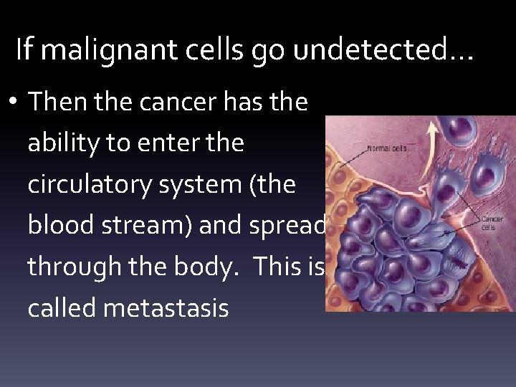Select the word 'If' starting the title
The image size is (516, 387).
click(24, 49)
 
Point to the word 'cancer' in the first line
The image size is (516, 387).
click(174, 102)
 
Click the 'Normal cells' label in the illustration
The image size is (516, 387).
click(388, 149)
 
